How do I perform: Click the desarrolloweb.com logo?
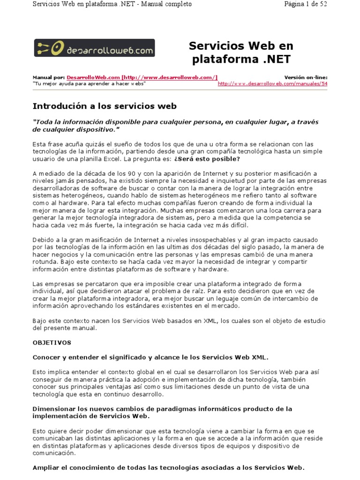[x=94, y=48]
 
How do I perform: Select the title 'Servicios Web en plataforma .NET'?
[x=241, y=52]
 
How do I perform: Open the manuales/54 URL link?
[x=272, y=83]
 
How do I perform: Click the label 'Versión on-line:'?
[x=306, y=77]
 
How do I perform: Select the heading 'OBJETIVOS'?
[x=52, y=343]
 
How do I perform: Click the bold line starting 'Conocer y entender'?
[x=150, y=357]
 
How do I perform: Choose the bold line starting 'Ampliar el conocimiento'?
[x=168, y=467]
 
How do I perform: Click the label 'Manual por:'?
[x=48, y=77]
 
